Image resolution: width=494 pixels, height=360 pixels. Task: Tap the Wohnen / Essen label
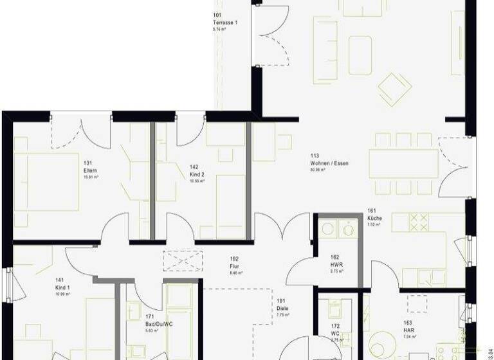pos(329,164)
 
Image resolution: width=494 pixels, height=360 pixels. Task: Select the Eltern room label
pos(90,170)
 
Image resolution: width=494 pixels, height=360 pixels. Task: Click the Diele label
pos(282,307)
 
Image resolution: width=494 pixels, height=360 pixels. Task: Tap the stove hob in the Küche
pos(419,222)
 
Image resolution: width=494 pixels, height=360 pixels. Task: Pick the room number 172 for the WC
pos(335,325)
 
